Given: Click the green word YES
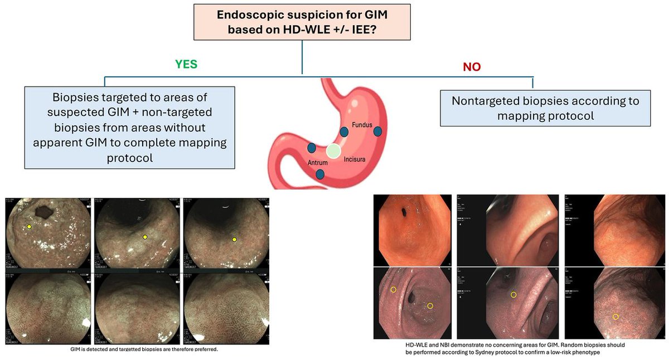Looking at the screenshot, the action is pyautogui.click(x=187, y=64).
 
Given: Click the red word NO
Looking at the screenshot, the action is pyautogui.click(x=472, y=67).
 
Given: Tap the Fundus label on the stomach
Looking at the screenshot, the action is pyautogui.click(x=361, y=125).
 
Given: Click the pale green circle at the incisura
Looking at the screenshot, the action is pyautogui.click(x=333, y=150).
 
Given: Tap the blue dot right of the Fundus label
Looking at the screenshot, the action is pyautogui.click(x=378, y=131).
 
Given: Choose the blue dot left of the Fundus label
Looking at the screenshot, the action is pyautogui.click(x=344, y=132).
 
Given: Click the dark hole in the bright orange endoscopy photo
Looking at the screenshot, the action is pyautogui.click(x=403, y=212).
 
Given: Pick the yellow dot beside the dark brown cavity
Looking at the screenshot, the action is pyautogui.click(x=29, y=226).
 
